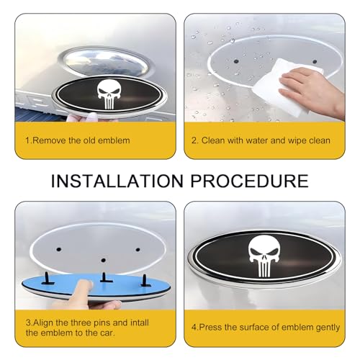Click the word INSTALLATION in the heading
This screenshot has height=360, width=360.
[x=117, y=181]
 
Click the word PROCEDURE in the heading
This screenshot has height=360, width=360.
[x=250, y=181]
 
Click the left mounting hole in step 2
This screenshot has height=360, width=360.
[x=235, y=61]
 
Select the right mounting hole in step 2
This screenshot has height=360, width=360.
[x=315, y=62]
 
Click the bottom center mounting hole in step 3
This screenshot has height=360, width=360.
[x=104, y=261]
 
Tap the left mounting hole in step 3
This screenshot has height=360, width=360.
[x=59, y=250]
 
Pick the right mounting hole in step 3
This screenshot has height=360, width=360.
[x=138, y=250]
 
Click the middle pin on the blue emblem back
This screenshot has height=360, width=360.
[x=104, y=278]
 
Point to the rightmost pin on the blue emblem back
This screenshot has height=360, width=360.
[x=145, y=281]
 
